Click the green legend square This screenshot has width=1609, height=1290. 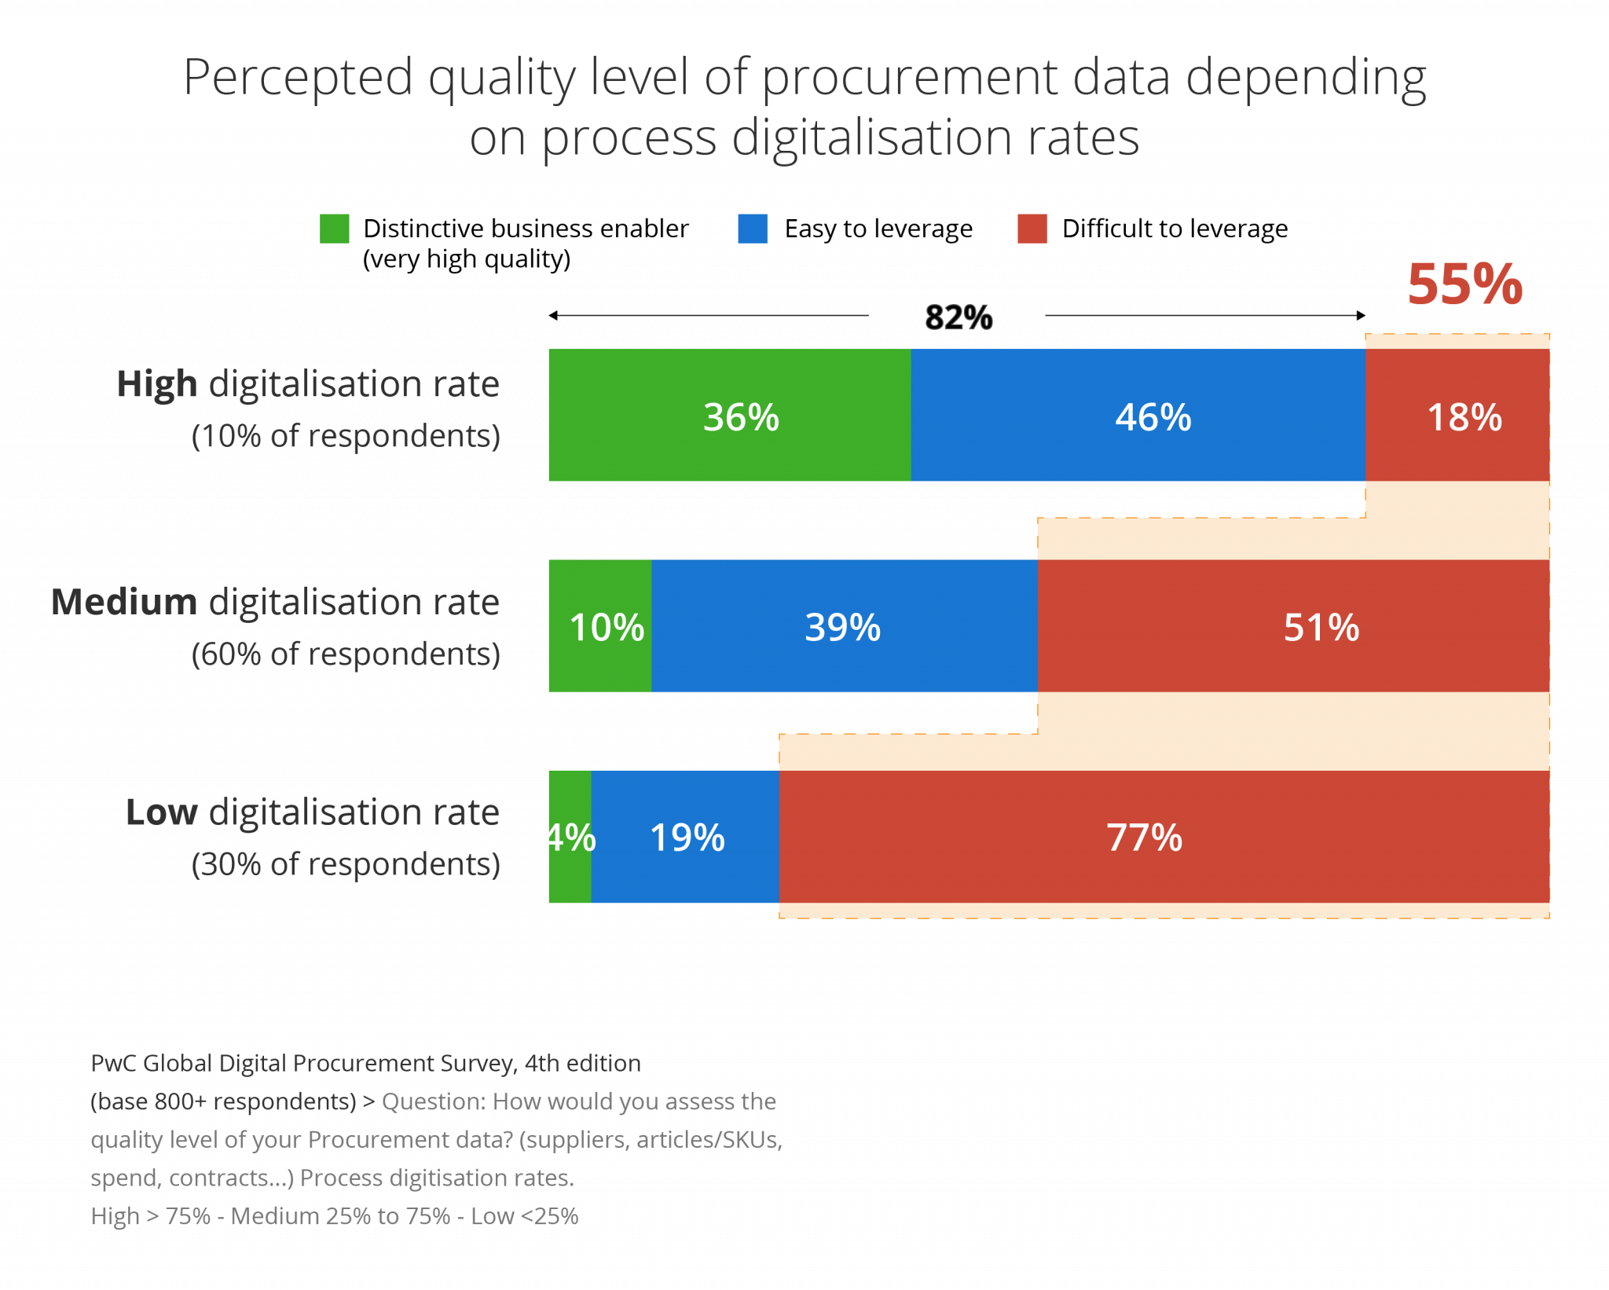[x=335, y=229]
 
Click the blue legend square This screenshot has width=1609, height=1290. [x=753, y=229]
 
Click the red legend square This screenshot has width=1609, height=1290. [x=1032, y=229]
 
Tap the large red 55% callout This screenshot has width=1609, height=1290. [x=1464, y=284]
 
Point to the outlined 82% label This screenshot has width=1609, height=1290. [x=958, y=318]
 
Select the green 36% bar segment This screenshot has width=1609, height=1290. [x=729, y=415]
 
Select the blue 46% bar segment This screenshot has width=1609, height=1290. [x=1138, y=415]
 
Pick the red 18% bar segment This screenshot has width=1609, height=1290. [x=1457, y=415]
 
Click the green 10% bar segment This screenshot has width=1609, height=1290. [x=600, y=626]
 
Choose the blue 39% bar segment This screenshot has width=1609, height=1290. [x=844, y=626]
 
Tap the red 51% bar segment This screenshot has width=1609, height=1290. [x=1293, y=626]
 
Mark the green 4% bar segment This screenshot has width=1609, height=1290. [x=570, y=837]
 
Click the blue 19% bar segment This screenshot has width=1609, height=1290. [x=685, y=837]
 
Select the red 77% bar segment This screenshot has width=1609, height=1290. [x=1164, y=837]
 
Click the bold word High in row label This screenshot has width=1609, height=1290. [x=156, y=385]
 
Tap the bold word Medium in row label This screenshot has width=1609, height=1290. [x=124, y=603]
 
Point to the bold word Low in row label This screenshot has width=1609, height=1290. [x=161, y=812]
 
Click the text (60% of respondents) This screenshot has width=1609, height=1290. [x=346, y=654]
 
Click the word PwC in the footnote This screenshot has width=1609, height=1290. [x=113, y=1064]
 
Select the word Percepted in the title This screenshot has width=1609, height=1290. [x=299, y=79]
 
